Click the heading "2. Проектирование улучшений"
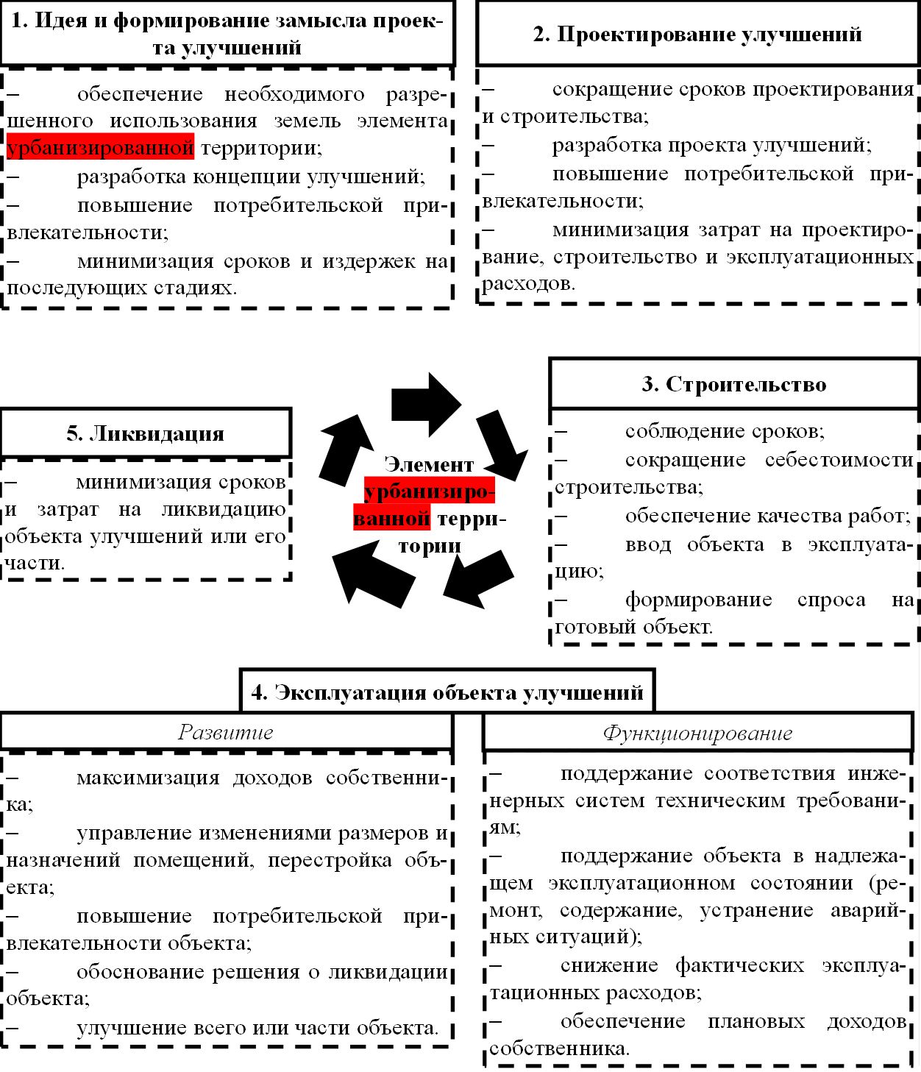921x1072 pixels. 697,35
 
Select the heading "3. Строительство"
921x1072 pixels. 733,385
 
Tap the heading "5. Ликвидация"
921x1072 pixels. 145,433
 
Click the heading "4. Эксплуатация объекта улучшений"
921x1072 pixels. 447,692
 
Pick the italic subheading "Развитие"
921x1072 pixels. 226,733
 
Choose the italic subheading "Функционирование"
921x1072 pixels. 697,734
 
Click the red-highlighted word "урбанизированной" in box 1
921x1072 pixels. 100,148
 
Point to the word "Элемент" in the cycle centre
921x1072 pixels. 429,465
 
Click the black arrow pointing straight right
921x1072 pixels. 426,404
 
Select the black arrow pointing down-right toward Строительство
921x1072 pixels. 502,445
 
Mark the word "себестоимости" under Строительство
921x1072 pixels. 839,461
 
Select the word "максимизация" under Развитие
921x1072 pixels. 148,778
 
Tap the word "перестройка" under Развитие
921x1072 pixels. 330,861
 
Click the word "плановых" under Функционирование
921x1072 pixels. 756,1022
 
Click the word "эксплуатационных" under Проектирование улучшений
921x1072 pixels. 819,258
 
